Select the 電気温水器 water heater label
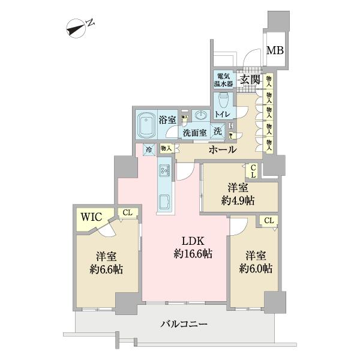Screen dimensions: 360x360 [x=224, y=80]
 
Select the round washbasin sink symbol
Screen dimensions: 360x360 [x=202, y=115]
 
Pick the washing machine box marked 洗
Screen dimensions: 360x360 [x=218, y=132]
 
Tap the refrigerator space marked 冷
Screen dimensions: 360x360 [x=148, y=148]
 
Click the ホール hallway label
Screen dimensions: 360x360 [x=223, y=149]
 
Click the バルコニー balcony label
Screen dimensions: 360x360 [x=184, y=324]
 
